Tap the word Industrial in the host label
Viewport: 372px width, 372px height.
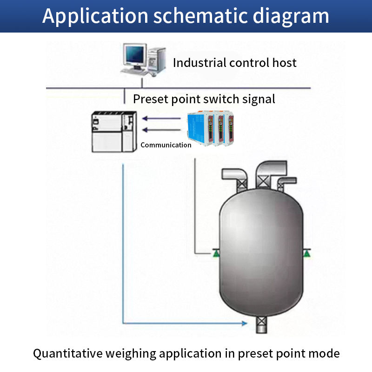click(199, 63)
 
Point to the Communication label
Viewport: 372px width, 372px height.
click(166, 145)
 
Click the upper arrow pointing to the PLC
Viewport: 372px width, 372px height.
click(160, 118)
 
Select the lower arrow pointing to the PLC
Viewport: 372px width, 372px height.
click(160, 130)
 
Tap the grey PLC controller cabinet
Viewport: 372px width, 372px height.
click(114, 132)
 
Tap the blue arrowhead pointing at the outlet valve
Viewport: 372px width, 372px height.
click(244, 322)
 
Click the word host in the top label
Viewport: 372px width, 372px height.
click(284, 63)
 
